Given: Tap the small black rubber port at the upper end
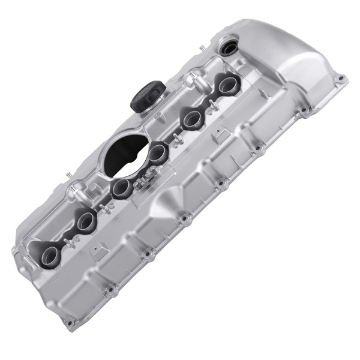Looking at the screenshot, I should (x=229, y=47).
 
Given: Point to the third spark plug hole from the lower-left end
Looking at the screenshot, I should (x=121, y=189).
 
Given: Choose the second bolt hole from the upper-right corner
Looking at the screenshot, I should (x=304, y=110).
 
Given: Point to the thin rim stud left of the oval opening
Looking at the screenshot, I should (x=70, y=175).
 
